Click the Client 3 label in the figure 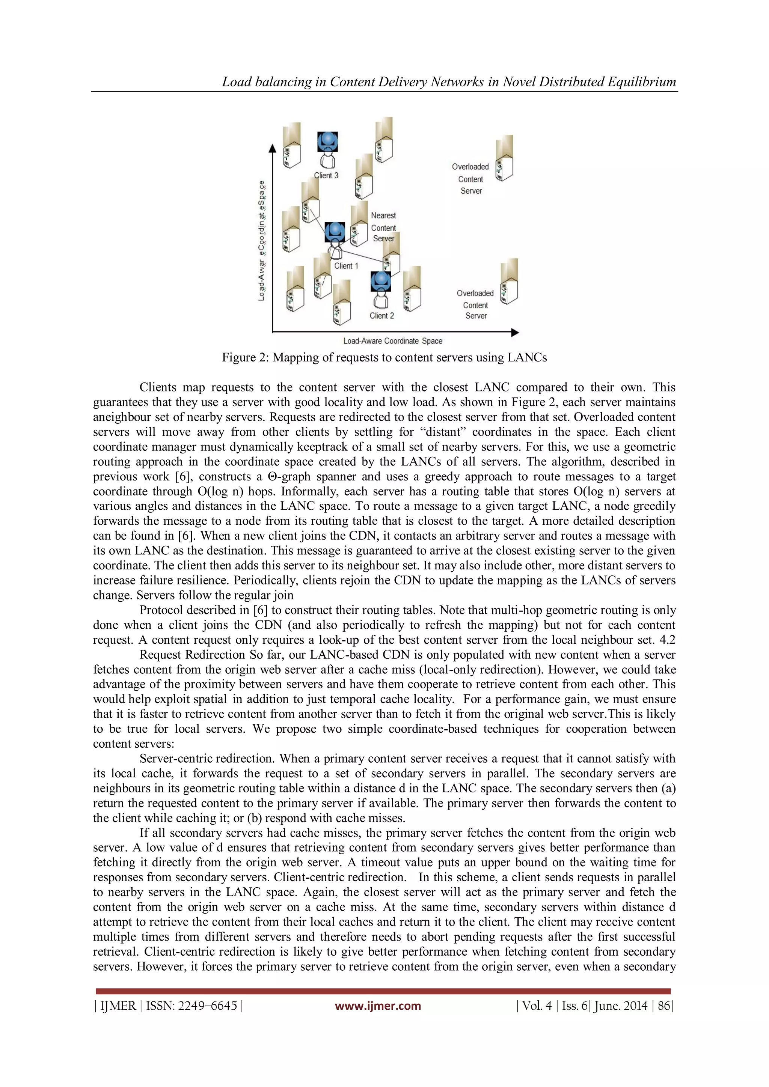pyautogui.click(x=326, y=175)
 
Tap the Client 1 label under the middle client pyautogui.click(x=346, y=266)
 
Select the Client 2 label pyautogui.click(x=381, y=316)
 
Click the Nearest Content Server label pyautogui.click(x=383, y=227)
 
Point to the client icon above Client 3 pyautogui.click(x=327, y=149)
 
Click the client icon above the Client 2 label pyautogui.click(x=381, y=288)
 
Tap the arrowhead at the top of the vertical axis pyautogui.click(x=272, y=149)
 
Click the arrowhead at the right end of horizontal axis pyautogui.click(x=515, y=332)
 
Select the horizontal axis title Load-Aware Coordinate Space pyautogui.click(x=392, y=341)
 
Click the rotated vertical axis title pyautogui.click(x=261, y=241)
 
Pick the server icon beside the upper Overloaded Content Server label pyautogui.click(x=504, y=159)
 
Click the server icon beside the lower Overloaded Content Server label pyautogui.click(x=510, y=282)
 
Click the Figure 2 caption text pyautogui.click(x=384, y=357)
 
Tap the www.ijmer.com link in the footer pyautogui.click(x=377, y=1006)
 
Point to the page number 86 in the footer pyautogui.click(x=663, y=1006)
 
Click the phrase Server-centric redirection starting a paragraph pyautogui.click(x=207, y=759)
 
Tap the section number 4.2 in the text pyautogui.click(x=667, y=640)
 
